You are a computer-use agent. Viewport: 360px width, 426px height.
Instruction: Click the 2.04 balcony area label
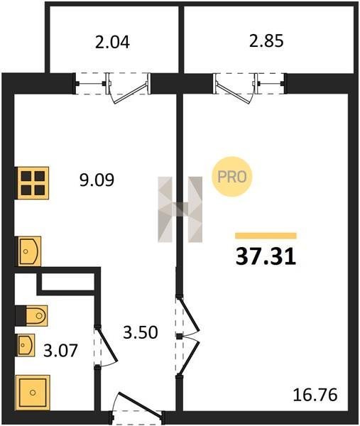pos(112,42)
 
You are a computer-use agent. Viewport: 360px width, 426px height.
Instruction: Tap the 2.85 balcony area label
pos(266,40)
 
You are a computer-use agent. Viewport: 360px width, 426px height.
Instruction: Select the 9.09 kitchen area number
pos(97,180)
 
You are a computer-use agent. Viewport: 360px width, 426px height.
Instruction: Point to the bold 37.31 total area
pos(266,257)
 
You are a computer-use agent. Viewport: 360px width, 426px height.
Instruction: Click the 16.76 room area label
pos(315,395)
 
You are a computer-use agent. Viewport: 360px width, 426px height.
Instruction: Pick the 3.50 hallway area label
pos(140,332)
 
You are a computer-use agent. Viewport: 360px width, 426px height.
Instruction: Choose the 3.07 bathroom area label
pos(60,351)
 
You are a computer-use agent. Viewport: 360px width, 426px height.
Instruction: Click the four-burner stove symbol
pos(33,183)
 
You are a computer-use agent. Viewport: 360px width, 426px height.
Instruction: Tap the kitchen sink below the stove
pos(29,251)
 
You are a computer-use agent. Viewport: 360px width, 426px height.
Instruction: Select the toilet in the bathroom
pos(36,316)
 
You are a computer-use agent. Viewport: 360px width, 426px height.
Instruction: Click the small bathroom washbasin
pos(26,345)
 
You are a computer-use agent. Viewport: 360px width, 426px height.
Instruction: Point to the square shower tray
pos(33,393)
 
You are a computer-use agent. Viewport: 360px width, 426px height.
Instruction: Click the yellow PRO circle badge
pos(232,177)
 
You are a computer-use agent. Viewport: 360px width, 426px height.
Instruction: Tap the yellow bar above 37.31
pos(266,236)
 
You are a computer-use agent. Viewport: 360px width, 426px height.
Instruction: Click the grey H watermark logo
pos(180,209)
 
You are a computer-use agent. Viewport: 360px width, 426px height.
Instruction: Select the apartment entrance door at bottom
pos(137,408)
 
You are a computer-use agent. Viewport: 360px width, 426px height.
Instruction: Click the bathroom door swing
pos(106,346)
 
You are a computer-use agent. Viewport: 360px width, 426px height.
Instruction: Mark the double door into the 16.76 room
pos(188,337)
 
